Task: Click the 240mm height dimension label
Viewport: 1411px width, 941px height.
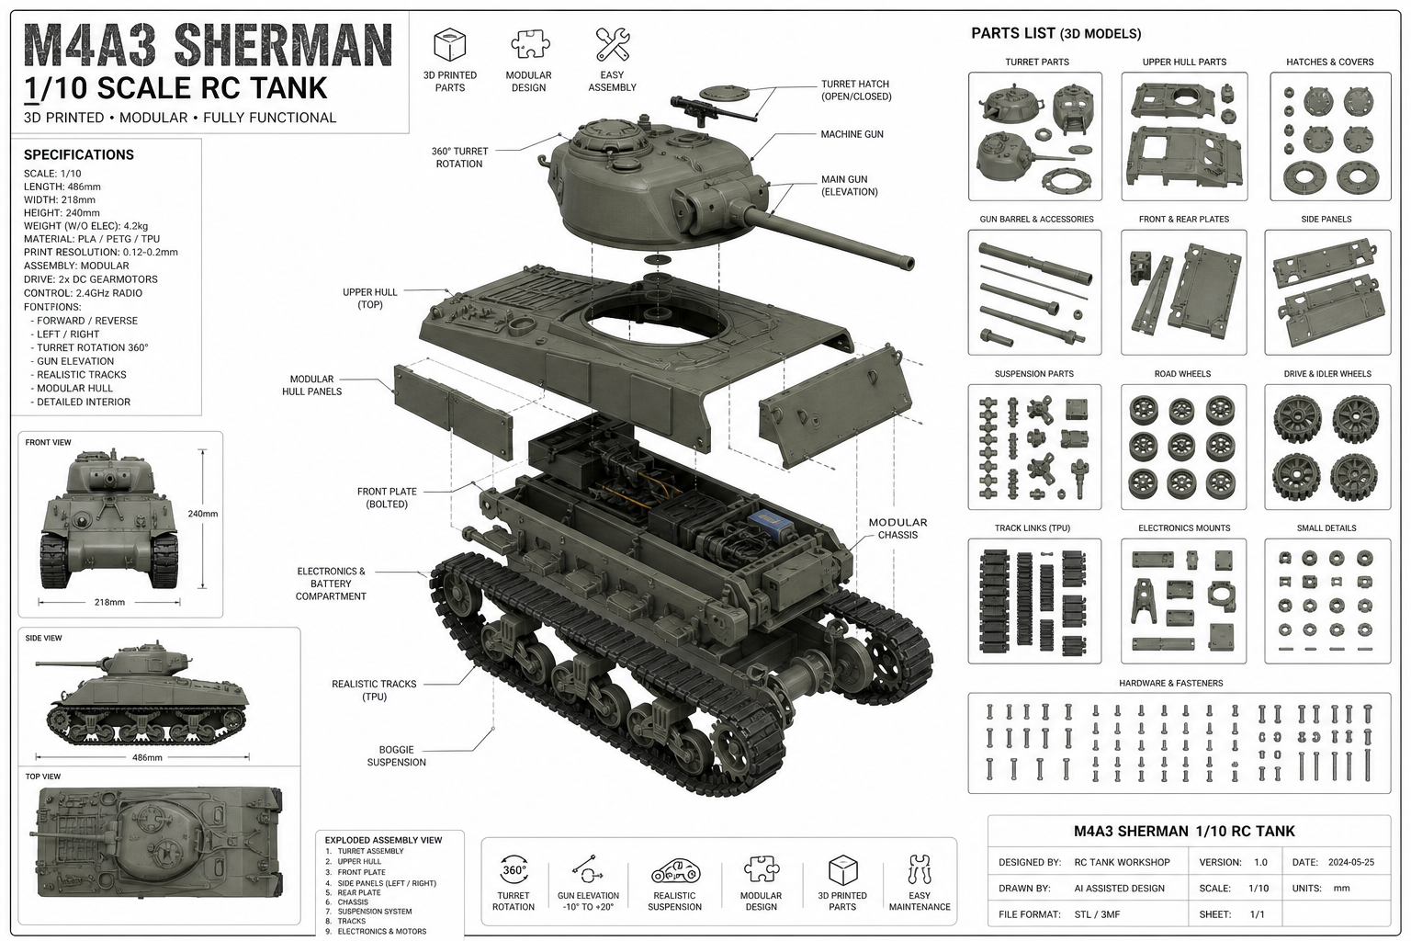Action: [203, 514]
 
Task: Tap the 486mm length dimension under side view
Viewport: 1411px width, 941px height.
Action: [147, 757]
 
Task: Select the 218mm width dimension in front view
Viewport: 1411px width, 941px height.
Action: [109, 602]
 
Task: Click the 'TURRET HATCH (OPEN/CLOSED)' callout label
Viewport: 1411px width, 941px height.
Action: [856, 90]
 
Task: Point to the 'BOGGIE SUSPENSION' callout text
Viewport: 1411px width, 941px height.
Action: [396, 755]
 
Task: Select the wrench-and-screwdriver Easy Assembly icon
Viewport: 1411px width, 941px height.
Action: [613, 44]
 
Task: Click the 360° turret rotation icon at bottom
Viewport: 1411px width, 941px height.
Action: [514, 870]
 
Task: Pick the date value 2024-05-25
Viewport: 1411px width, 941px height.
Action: [1351, 862]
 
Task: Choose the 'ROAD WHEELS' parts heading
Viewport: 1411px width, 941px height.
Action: [1182, 374]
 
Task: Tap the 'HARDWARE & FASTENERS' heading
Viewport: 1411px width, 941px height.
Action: [1171, 683]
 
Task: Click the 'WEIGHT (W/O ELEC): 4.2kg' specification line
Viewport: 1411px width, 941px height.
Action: [85, 226]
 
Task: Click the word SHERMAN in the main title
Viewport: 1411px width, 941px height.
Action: [284, 45]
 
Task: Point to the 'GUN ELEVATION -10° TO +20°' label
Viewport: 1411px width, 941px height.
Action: [588, 901]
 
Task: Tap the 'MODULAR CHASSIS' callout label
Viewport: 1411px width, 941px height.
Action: [897, 528]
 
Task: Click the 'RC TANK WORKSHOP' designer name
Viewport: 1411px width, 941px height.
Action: [1122, 862]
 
